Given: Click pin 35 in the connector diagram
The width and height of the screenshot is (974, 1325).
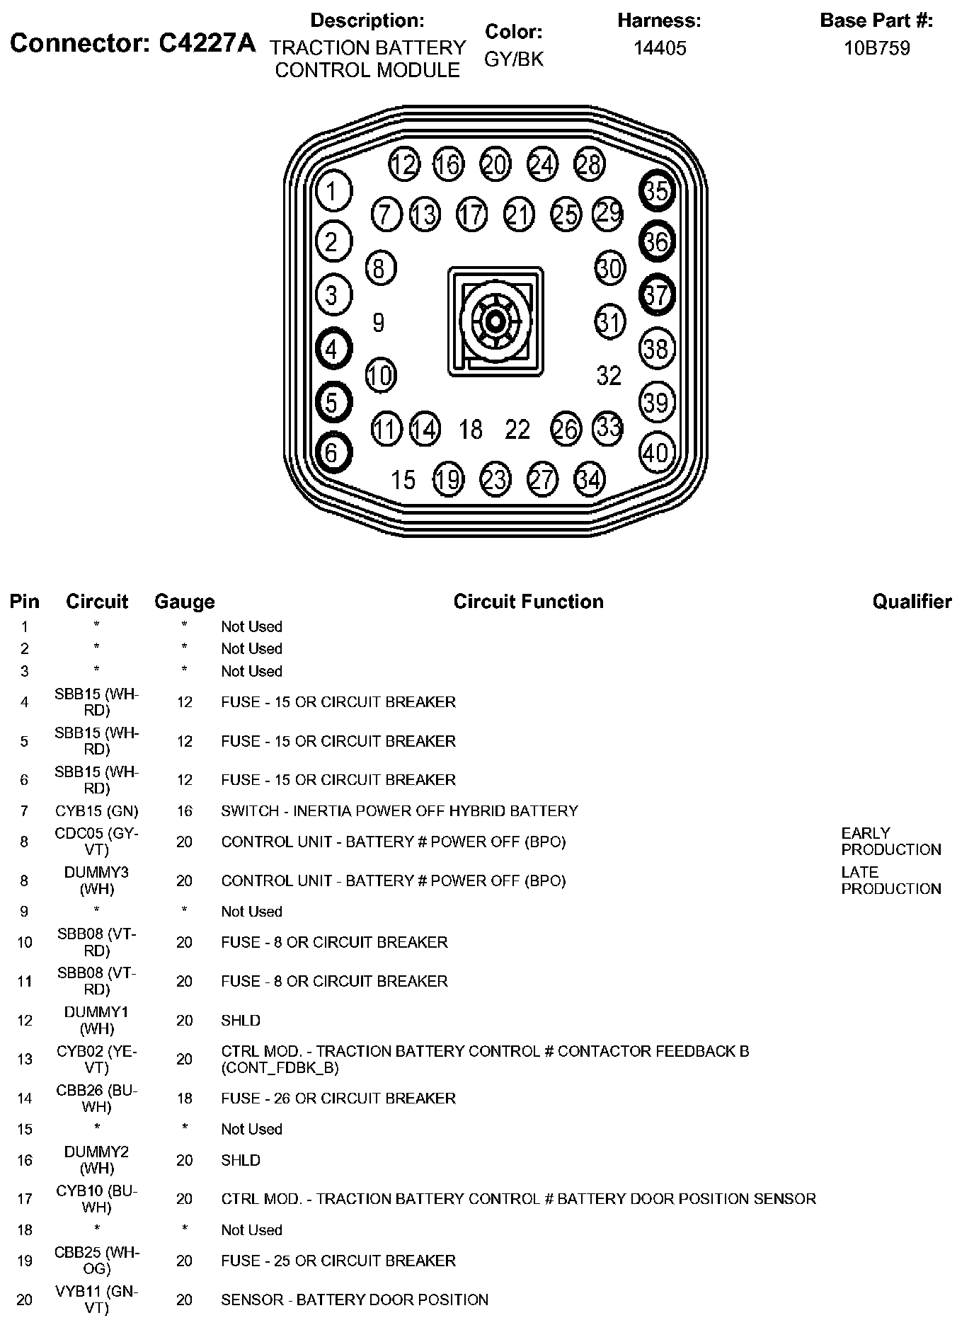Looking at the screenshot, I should tap(656, 190).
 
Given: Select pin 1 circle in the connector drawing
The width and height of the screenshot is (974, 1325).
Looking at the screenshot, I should tap(332, 190).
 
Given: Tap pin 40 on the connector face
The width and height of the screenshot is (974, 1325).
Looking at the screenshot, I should tap(656, 452).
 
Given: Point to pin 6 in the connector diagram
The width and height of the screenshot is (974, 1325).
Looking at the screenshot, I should tap(332, 452).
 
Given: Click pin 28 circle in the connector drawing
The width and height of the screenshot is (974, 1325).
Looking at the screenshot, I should tap(589, 164).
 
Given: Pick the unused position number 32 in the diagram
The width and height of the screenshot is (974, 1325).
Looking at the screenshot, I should tap(609, 375).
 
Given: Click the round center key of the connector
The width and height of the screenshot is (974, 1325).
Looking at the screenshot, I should tap(495, 321).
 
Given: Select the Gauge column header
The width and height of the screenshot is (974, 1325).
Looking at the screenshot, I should tap(184, 602).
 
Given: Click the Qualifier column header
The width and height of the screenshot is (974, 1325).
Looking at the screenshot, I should tap(912, 602).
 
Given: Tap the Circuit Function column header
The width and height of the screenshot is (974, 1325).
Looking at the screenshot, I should tap(528, 602).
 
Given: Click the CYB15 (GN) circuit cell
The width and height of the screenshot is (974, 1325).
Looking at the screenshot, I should tap(97, 810).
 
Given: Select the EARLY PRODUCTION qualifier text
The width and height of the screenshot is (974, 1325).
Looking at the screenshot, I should tap(890, 842).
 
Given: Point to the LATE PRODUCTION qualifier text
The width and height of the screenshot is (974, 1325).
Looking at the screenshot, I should tap(890, 881).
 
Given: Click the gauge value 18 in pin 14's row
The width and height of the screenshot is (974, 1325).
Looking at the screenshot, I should tap(184, 1098).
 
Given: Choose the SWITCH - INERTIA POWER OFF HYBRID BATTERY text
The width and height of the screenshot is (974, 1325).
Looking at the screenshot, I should tap(399, 810).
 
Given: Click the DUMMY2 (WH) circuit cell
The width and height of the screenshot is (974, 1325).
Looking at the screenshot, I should tap(97, 1160).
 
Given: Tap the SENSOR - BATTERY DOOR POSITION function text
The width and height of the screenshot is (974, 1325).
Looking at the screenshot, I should tap(355, 1300).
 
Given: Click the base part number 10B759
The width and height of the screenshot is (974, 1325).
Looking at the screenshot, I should tap(876, 48).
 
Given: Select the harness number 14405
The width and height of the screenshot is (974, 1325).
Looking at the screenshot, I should tap(659, 48).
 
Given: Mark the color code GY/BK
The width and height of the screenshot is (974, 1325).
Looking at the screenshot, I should tap(514, 59).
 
